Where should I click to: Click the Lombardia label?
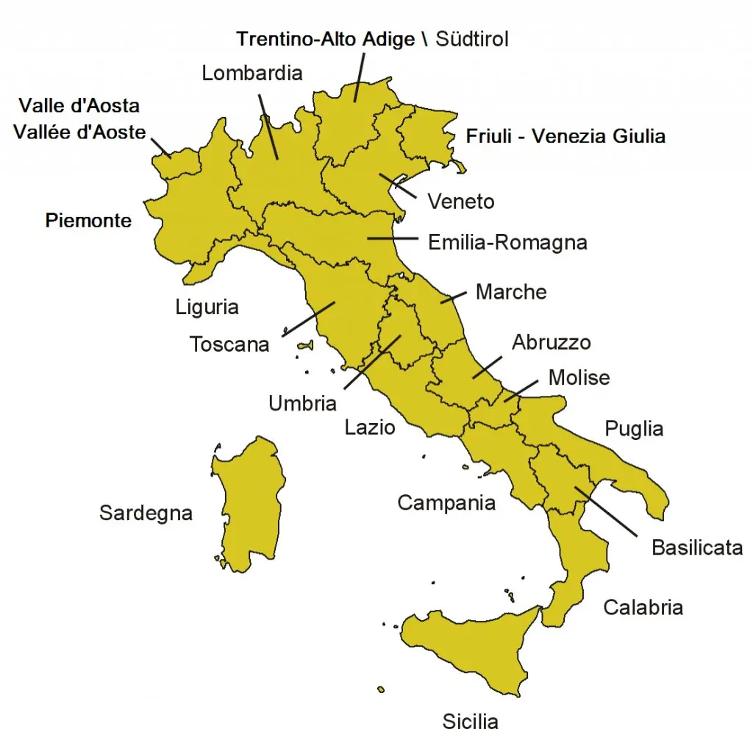coord(252,73)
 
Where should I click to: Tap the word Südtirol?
coord(472,39)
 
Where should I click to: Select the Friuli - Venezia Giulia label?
coord(565,136)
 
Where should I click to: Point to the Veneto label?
coord(461,202)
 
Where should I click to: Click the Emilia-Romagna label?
coord(507,242)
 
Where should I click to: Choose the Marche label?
coord(511,291)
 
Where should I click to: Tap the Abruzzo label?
coord(551,342)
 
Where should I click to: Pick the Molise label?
coord(579,377)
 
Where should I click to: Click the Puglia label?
coord(634,428)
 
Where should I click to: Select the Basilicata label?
coord(697,547)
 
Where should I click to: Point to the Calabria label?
coord(643,607)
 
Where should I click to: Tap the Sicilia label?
coord(470,722)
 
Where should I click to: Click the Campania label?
coord(446,502)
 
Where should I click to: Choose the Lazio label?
coord(370,427)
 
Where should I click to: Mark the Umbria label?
coord(302,403)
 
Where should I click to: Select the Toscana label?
coord(229,344)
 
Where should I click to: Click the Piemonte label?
coord(88,220)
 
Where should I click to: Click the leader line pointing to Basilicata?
coord(606,511)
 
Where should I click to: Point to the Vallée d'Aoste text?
coord(79,133)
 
